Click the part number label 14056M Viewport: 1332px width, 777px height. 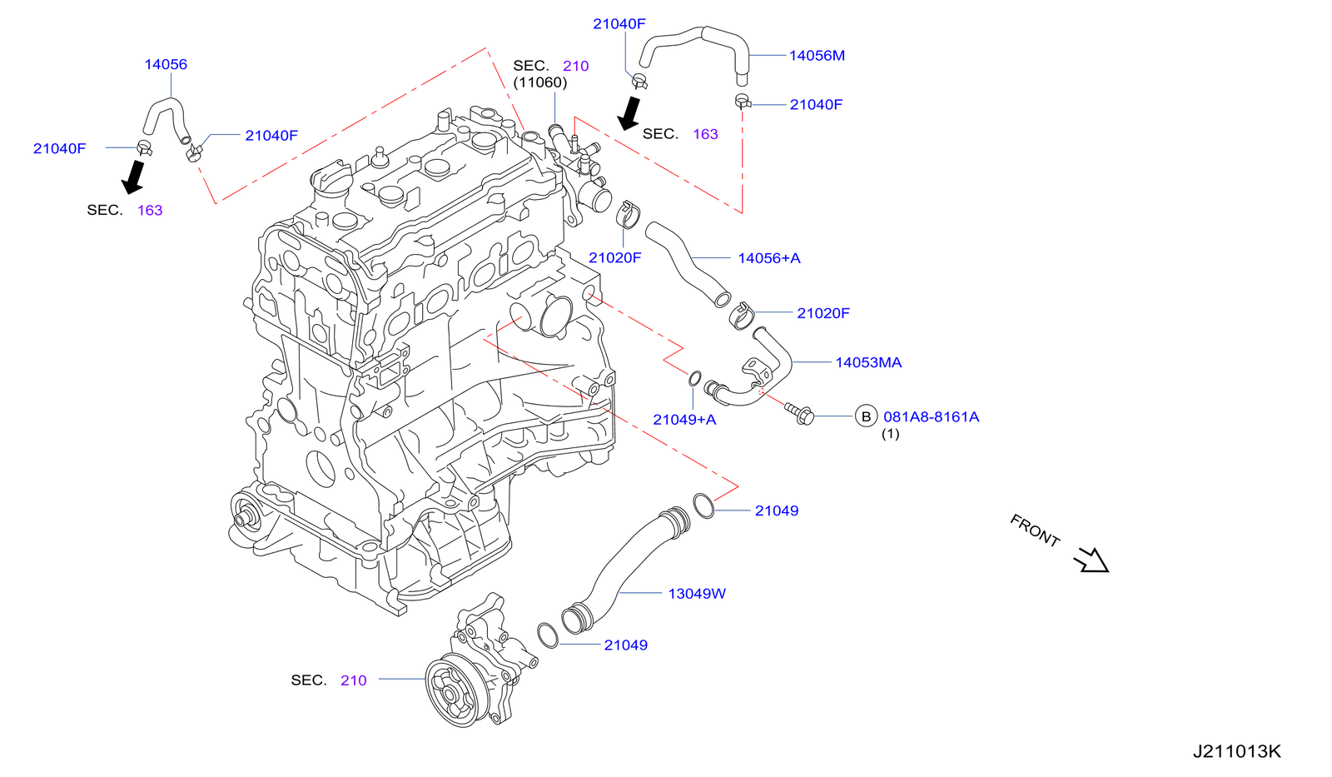817,56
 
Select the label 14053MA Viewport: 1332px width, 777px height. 868,362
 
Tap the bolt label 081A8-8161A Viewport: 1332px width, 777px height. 931,416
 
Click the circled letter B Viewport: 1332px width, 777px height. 866,416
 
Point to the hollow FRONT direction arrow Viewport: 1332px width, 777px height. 1091,560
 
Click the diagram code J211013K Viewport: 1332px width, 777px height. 1236,751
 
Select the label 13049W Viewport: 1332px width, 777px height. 697,594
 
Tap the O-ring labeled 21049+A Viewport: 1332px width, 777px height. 694,380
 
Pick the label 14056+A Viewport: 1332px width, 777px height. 768,258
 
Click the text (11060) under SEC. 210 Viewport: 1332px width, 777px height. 539,82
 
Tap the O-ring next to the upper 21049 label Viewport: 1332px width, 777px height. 703,505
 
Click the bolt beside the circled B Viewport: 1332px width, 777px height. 800,413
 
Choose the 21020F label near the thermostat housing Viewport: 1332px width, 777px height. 614,258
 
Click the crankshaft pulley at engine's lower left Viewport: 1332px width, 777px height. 245,517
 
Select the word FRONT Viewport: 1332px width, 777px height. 1035,530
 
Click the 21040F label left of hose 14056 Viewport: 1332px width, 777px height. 59,148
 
